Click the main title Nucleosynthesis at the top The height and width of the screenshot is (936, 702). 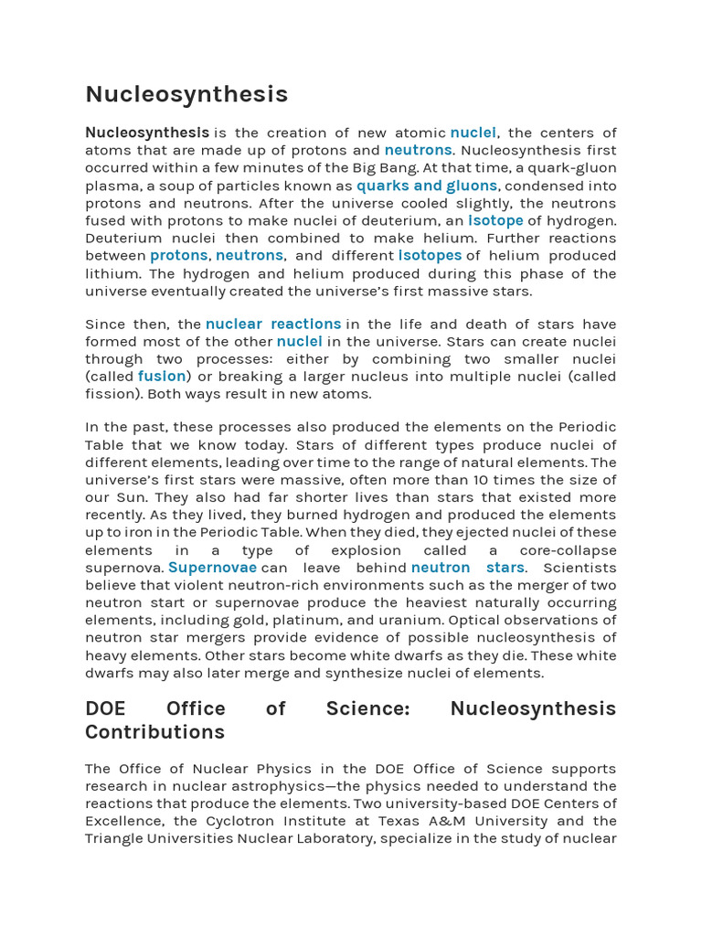click(186, 94)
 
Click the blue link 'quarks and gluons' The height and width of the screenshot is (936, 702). click(427, 186)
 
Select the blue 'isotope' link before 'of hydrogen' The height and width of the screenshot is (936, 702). click(495, 220)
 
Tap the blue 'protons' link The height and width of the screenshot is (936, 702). click(179, 255)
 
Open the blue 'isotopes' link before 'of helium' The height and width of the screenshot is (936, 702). click(430, 255)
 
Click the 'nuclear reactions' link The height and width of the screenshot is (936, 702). click(273, 324)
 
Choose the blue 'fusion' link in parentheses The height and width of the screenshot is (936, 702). click(162, 376)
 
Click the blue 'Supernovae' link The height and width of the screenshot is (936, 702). click(212, 568)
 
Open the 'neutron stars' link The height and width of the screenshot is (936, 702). click(468, 568)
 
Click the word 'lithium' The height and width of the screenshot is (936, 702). click(112, 273)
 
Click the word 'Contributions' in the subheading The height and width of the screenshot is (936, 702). click(154, 732)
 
